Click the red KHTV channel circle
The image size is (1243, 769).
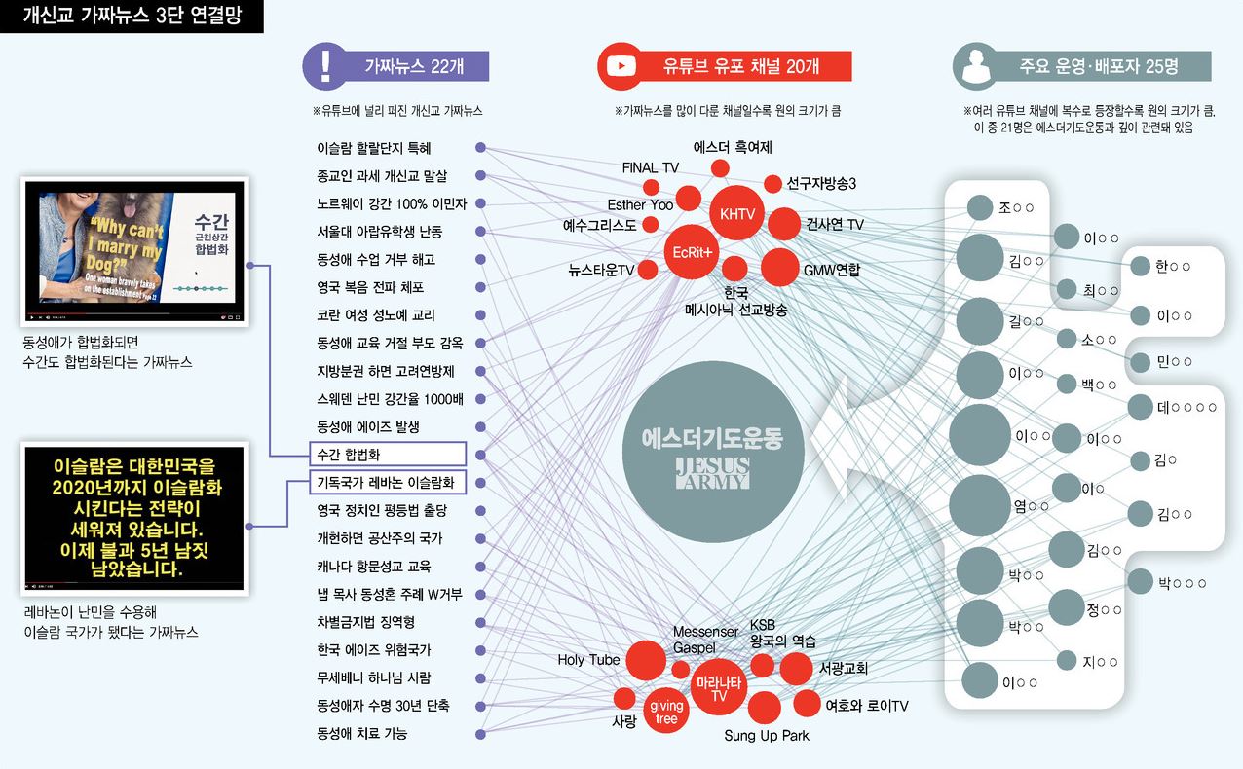click(x=736, y=214)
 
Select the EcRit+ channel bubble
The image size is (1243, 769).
click(x=693, y=252)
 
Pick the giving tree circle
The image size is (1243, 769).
click(x=666, y=713)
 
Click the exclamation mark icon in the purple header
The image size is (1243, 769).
click(x=325, y=65)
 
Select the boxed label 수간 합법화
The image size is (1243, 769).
click(x=386, y=454)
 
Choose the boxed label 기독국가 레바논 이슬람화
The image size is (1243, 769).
click(x=386, y=482)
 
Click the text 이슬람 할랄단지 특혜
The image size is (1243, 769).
click(x=374, y=148)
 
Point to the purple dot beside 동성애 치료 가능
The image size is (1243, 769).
click(x=480, y=733)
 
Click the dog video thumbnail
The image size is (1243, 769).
click(x=135, y=251)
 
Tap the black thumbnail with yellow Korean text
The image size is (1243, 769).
click(x=135, y=518)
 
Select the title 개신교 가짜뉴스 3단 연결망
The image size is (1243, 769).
click(x=132, y=17)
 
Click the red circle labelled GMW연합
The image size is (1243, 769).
click(x=779, y=267)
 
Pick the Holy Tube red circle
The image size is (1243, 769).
click(x=646, y=660)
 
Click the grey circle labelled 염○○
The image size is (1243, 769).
click(x=979, y=504)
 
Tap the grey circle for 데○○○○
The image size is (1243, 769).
click(x=1140, y=407)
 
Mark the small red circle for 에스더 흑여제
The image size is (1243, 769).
click(x=720, y=168)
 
